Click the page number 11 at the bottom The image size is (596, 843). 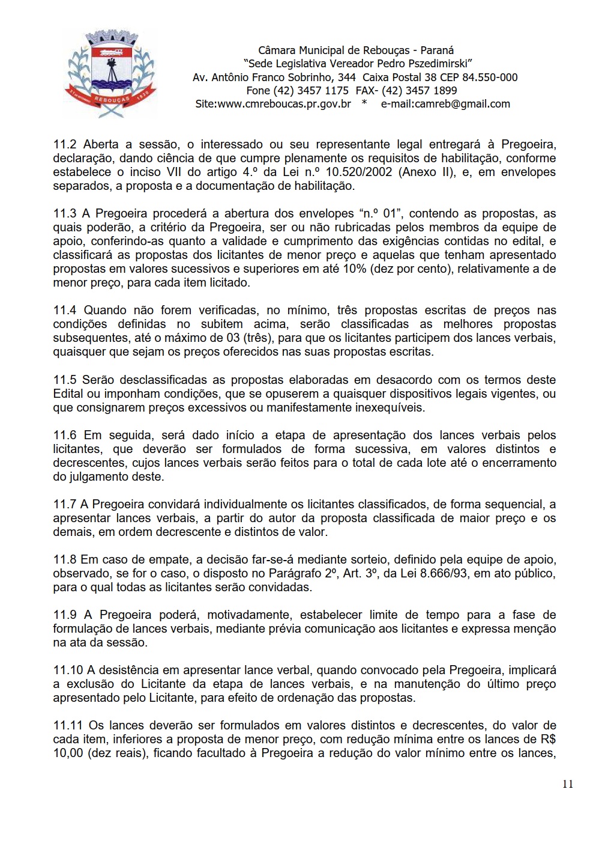(x=568, y=784)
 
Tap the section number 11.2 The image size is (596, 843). (x=65, y=144)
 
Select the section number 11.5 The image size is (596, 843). (x=65, y=380)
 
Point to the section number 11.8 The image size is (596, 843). (x=65, y=559)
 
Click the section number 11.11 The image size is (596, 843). (x=67, y=725)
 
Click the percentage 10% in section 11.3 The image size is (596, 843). (x=355, y=269)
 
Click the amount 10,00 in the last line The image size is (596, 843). (x=68, y=753)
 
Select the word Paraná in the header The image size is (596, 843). (x=437, y=50)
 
